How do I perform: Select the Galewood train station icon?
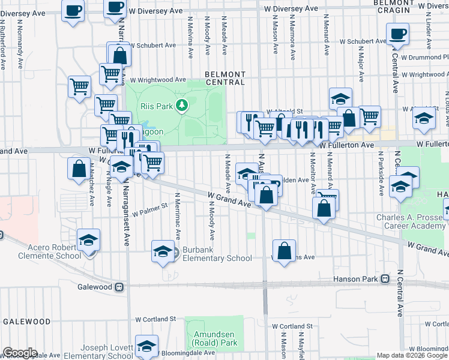(x=119, y=287)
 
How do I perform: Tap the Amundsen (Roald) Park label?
(x=215, y=338)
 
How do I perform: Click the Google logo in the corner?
(x=20, y=353)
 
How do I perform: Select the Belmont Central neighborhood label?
(x=225, y=77)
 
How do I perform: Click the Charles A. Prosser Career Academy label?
(x=411, y=221)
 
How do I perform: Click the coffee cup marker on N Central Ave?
(x=397, y=35)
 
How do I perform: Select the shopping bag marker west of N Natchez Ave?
(x=79, y=169)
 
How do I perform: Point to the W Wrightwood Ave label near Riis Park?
(x=158, y=79)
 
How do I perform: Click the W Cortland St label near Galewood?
(x=155, y=319)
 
